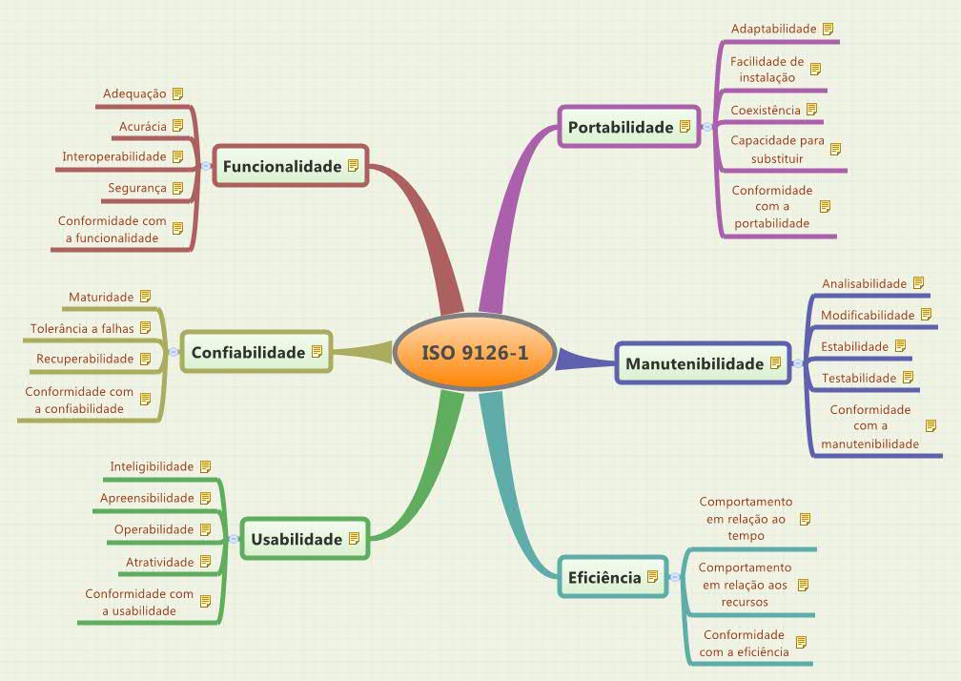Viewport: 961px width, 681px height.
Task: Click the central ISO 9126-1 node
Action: [474, 353]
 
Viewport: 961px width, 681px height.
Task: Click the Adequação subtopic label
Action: [134, 93]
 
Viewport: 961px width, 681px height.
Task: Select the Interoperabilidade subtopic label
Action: [113, 156]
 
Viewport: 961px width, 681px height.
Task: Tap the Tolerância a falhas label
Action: [83, 328]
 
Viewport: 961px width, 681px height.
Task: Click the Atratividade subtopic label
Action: [159, 562]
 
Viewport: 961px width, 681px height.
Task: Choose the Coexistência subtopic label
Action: [765, 110]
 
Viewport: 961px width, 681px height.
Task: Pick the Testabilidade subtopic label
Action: [859, 378]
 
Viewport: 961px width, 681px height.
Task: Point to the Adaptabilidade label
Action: [773, 29]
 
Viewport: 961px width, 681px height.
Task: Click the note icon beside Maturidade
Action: [146, 297]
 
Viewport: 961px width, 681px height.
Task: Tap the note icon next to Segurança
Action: [177, 188]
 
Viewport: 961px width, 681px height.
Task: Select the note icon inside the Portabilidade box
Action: [685, 127]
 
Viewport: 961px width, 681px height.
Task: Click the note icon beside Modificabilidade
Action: [926, 314]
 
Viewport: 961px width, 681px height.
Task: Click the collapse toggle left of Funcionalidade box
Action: [206, 166]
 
